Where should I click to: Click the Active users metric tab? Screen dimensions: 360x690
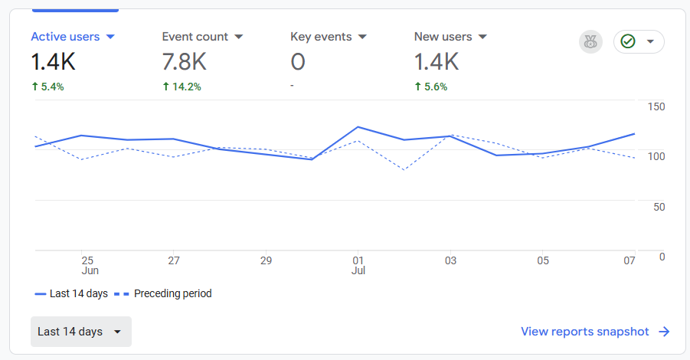73,37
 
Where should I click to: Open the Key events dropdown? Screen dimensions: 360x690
362,37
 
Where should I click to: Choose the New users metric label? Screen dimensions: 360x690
450,37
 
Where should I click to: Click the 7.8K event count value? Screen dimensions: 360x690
185,61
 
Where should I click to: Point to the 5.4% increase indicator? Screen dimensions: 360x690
47,87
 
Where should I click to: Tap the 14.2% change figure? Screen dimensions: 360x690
181,87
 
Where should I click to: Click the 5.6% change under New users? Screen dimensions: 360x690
430,87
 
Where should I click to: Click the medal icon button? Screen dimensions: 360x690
590,41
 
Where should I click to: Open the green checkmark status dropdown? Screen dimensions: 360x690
639,41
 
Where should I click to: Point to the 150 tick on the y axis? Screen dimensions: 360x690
656,106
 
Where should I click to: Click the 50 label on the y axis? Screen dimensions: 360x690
659,207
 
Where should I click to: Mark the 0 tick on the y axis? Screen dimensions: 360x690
662,257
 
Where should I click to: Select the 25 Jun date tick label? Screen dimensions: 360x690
88,265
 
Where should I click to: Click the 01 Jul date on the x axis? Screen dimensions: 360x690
358,265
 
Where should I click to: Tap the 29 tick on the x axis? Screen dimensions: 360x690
266,261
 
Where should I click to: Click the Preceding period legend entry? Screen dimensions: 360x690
164,293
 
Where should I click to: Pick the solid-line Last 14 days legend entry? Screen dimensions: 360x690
71,293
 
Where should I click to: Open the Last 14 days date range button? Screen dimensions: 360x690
80,332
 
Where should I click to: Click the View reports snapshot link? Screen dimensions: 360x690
595,332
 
